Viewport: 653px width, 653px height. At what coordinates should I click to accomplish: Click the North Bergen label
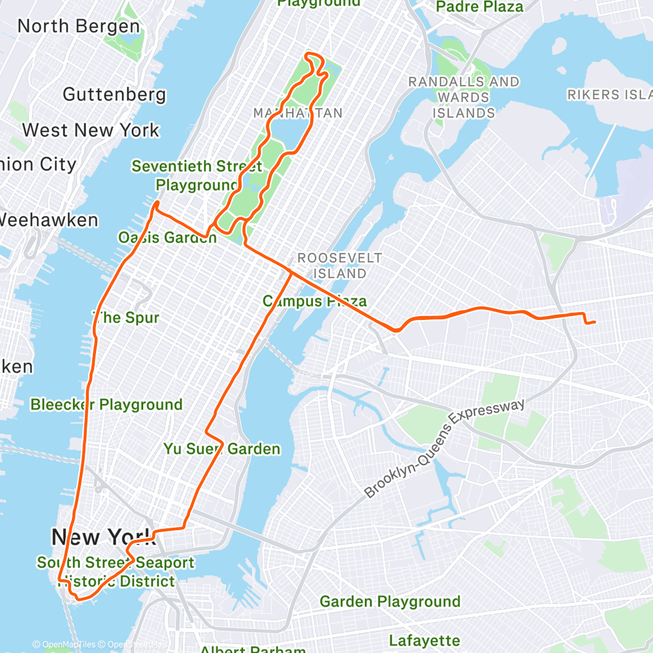pos(78,27)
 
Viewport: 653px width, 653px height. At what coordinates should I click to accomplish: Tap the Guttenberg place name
pos(114,95)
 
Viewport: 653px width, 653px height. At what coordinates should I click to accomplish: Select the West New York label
pos(90,130)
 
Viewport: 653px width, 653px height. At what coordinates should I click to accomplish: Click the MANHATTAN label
pos(298,113)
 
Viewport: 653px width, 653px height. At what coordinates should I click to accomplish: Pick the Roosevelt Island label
pos(339,265)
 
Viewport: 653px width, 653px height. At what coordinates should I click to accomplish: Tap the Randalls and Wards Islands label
pos(464,97)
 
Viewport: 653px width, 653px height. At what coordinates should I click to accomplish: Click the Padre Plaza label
pos(479,7)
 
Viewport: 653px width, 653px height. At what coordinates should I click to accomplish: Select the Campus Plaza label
pos(314,301)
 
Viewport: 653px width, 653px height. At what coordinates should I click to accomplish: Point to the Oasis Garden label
pos(167,237)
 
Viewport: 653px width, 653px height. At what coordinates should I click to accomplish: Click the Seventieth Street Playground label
pos(197,175)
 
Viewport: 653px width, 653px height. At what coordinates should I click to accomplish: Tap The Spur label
pos(127,318)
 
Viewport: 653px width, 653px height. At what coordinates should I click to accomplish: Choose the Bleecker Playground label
pos(106,404)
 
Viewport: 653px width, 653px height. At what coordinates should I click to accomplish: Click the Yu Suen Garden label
pos(221,449)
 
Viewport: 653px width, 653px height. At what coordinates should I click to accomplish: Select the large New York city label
pos(103,537)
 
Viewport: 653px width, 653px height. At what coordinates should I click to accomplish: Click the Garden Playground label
pos(390,601)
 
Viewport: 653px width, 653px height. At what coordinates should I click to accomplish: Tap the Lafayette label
pos(424,640)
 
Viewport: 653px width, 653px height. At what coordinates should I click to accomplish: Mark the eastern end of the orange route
pos(594,321)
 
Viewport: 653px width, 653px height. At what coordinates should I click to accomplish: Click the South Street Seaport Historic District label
pos(115,571)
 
